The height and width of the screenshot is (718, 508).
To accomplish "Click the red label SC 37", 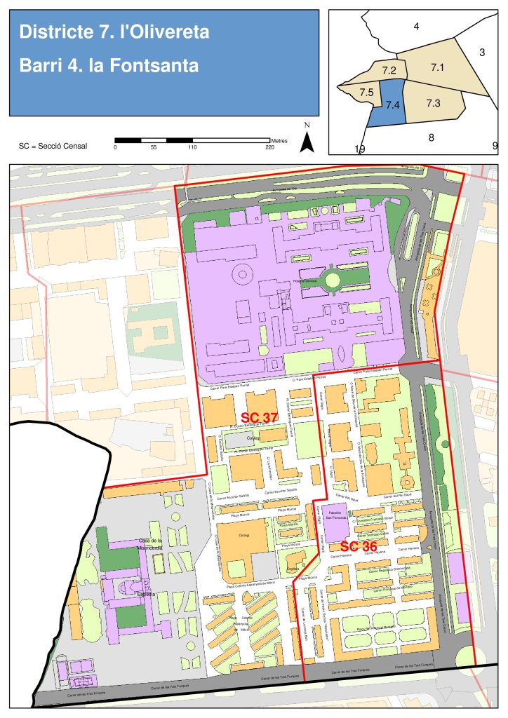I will (259, 418).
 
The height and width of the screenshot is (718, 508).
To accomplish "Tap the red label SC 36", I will (359, 546).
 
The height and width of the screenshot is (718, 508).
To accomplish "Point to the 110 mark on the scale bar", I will (192, 148).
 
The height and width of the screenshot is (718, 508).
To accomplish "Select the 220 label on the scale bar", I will (270, 148).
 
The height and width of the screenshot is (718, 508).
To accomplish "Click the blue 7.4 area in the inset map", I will (392, 104).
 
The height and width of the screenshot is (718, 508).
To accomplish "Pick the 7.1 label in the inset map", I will (439, 67).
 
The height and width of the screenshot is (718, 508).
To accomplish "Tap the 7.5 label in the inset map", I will (366, 93).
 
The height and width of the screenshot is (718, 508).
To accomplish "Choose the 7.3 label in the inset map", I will (433, 103).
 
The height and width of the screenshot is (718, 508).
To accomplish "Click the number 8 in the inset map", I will (431, 137).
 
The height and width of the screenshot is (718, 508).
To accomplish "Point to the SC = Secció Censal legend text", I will (53, 147).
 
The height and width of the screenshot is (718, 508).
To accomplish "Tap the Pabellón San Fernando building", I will (333, 517).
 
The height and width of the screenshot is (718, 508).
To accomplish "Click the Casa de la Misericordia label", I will (150, 545).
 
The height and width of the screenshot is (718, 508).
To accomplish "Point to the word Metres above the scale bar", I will (279, 141).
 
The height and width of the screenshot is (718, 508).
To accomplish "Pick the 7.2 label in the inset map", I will (389, 71).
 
